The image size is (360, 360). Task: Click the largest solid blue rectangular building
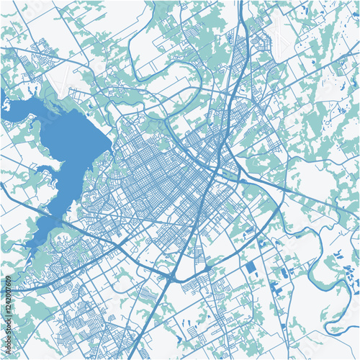[250, 267]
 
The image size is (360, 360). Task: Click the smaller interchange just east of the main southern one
[208, 268]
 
